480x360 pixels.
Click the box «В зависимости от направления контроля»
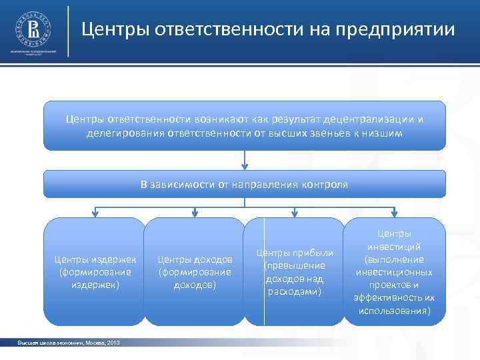245,184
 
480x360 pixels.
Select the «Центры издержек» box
94,271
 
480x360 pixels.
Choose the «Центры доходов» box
194,271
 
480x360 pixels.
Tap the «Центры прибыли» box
294,271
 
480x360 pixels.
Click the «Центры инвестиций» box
394,272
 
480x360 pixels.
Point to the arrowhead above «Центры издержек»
95,213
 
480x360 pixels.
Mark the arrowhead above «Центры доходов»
195,213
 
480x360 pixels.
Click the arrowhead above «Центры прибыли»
294,213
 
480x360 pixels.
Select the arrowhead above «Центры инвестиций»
394,213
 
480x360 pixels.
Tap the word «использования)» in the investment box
394,311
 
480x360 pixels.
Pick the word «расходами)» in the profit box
294,291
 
